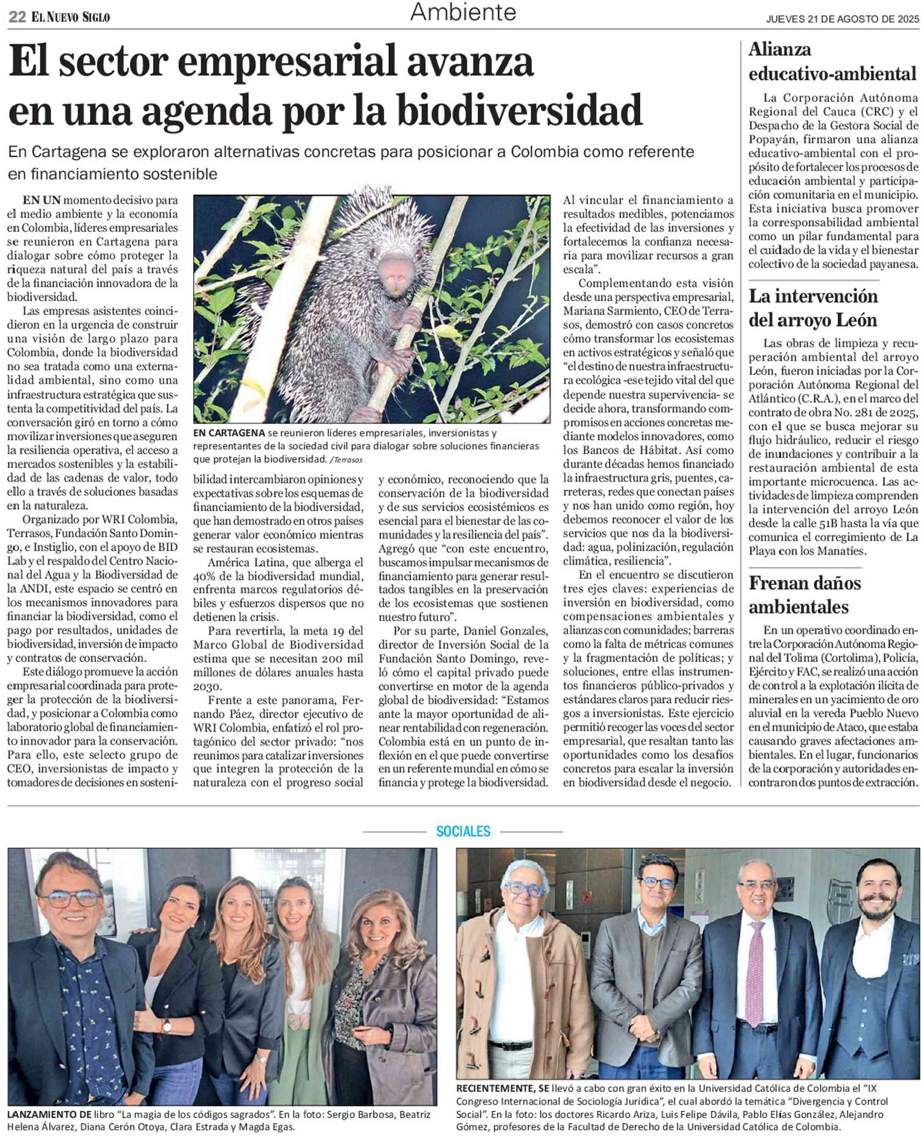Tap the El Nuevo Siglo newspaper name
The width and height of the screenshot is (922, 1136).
pyautogui.click(x=71, y=18)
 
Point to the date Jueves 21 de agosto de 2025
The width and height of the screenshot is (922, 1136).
pyautogui.click(x=842, y=20)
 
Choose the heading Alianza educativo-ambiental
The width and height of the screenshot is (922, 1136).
pyautogui.click(x=832, y=62)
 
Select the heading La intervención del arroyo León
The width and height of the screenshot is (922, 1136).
pyautogui.click(x=812, y=308)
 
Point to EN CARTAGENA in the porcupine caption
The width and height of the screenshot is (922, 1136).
pyautogui.click(x=229, y=433)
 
